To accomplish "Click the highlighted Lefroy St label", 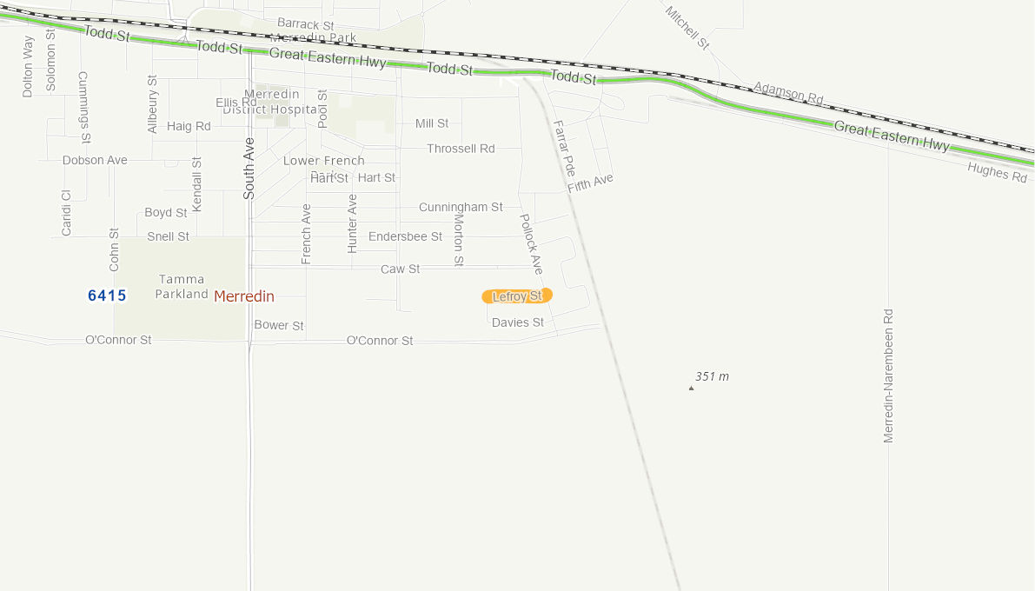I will pyautogui.click(x=517, y=296).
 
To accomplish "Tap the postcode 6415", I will pyautogui.click(x=107, y=295).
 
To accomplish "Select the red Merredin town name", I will pyautogui.click(x=244, y=296).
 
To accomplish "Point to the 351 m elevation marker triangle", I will pyautogui.click(x=692, y=388).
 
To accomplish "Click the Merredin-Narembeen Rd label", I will pyautogui.click(x=888, y=375).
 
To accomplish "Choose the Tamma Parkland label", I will pyautogui.click(x=182, y=287).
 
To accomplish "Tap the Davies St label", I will pyautogui.click(x=518, y=322).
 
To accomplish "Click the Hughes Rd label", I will pyautogui.click(x=997, y=172).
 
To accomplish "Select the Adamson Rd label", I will pyautogui.click(x=788, y=93).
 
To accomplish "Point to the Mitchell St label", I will pyautogui.click(x=687, y=27).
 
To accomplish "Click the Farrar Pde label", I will pyautogui.click(x=564, y=148).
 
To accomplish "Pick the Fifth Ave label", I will pyautogui.click(x=591, y=183).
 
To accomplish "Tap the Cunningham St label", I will pyautogui.click(x=461, y=207).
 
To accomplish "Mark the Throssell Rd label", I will pyautogui.click(x=461, y=149).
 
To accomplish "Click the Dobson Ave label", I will pyautogui.click(x=95, y=160).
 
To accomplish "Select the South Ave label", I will pyautogui.click(x=249, y=169).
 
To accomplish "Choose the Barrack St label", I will pyautogui.click(x=305, y=23).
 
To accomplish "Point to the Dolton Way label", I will pyautogui.click(x=28, y=66).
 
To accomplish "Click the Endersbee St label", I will pyautogui.click(x=405, y=236).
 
